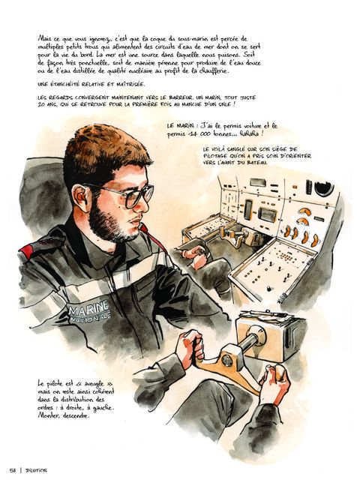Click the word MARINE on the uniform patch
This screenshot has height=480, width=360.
(x=89, y=307)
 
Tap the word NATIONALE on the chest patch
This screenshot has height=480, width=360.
(x=90, y=318)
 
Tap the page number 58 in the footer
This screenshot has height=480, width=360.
(x=13, y=470)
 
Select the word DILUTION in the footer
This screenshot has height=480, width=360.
(x=36, y=470)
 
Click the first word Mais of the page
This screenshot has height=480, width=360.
(x=44, y=39)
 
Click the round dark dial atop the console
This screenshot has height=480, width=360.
(x=324, y=188)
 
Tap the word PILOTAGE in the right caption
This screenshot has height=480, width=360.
(x=216, y=156)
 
